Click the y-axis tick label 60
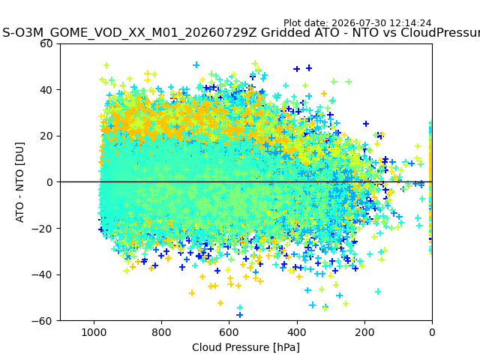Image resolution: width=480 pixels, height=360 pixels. pos(46,43)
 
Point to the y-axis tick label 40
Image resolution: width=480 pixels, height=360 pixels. pos(46,90)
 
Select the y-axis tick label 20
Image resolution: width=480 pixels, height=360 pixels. pos(46,136)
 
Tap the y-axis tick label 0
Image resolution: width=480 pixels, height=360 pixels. pos(49,182)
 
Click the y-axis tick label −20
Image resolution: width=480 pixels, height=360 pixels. pos(42,229)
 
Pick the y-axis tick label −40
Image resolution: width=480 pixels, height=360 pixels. pos(42,275)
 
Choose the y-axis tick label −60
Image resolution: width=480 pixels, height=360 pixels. pos(42,321)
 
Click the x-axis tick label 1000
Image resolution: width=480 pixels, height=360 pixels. pos(94,332)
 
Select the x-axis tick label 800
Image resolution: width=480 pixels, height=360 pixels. pos(161,332)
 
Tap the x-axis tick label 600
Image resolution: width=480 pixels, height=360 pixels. pos(229,332)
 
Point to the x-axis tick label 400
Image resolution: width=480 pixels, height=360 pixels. pos(297,332)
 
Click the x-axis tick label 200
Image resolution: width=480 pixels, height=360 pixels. pos(364,332)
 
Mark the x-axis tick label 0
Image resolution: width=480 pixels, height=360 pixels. pos(432,332)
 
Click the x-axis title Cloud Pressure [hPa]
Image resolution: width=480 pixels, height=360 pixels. pos(246,347)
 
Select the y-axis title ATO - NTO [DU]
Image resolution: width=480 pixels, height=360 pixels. pos(19,182)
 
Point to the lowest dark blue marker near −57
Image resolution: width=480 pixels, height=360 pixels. pos(240,315)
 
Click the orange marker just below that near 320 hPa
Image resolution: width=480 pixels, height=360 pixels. pos(325,308)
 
